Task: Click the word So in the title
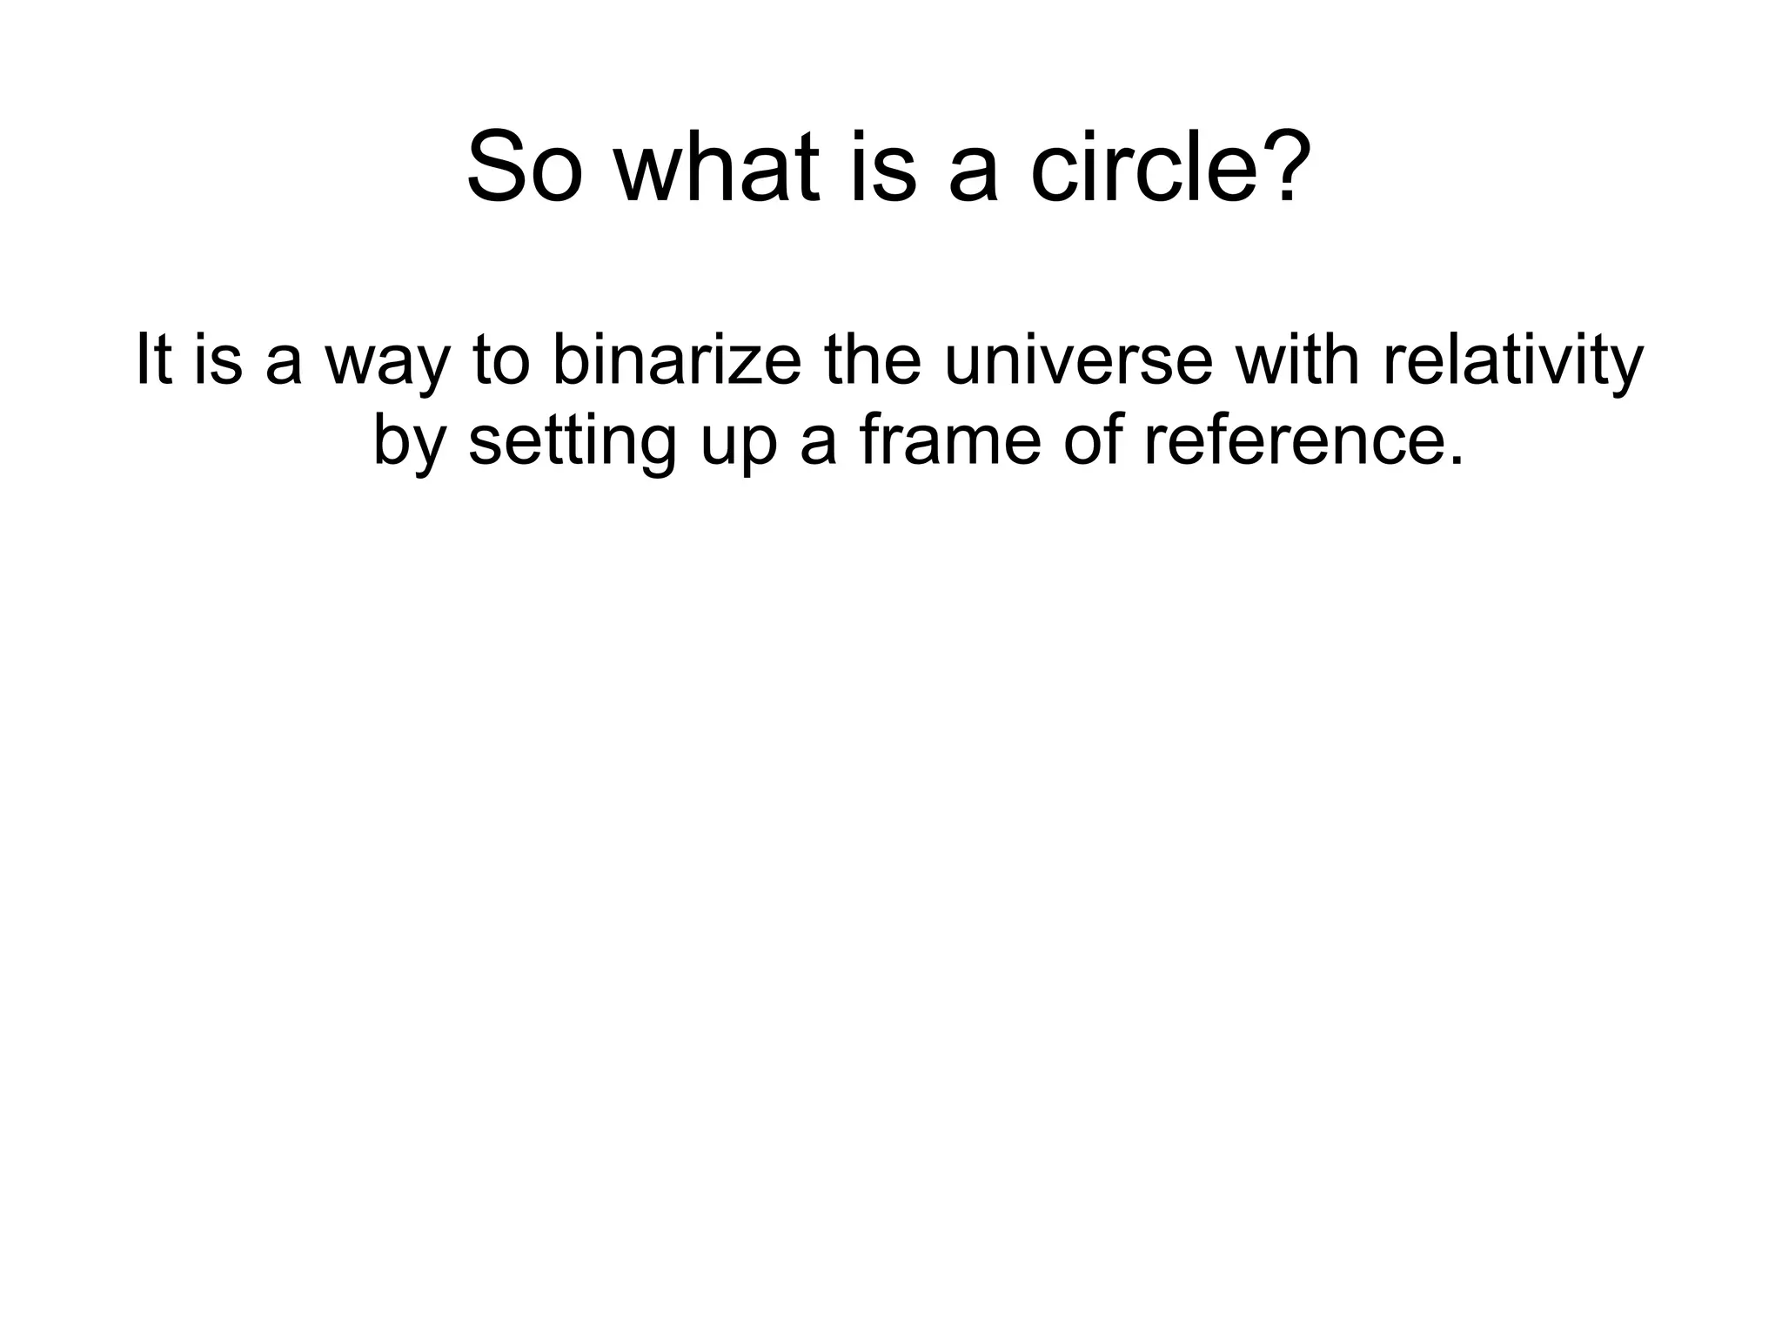click(x=524, y=166)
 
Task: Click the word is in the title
click(x=884, y=166)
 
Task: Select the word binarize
click(x=676, y=360)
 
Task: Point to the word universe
click(x=1078, y=360)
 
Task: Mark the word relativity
click(x=1513, y=360)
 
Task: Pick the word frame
click(x=949, y=440)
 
